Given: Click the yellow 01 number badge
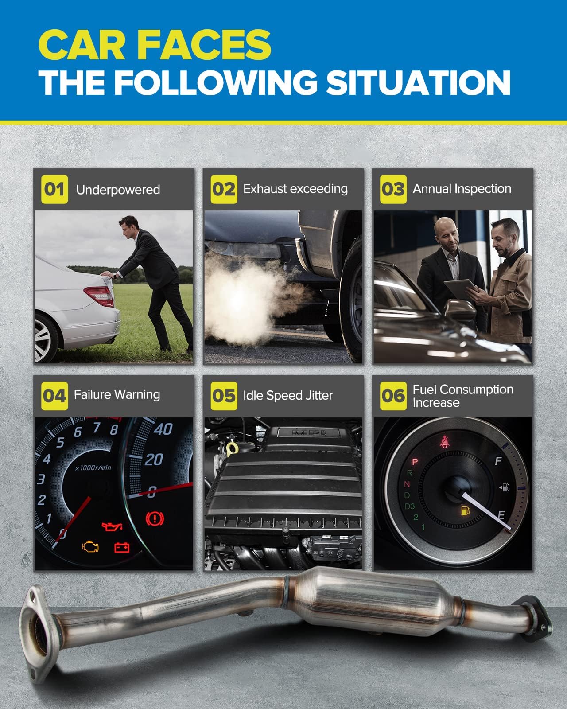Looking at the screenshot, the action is point(54,189).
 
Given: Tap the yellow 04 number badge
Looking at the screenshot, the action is point(54,396).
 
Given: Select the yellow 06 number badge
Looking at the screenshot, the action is point(393,396).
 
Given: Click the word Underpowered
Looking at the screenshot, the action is point(118,190).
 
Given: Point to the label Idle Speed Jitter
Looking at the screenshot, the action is point(288,396).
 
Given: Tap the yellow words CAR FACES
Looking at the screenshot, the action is point(155,45).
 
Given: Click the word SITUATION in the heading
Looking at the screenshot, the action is point(419,83).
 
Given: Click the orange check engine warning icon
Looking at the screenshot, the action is point(90,546).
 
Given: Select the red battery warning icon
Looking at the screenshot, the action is point(121,547).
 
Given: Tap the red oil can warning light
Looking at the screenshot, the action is point(113,526).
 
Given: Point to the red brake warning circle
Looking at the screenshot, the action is point(155,518).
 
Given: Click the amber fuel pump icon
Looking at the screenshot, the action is point(465,510).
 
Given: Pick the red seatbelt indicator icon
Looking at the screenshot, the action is point(445,442).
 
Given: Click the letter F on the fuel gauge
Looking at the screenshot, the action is point(498,461).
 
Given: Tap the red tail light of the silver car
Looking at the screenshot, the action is point(99,295).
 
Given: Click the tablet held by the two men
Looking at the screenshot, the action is point(460,289).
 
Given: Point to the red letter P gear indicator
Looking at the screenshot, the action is point(415,462).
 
